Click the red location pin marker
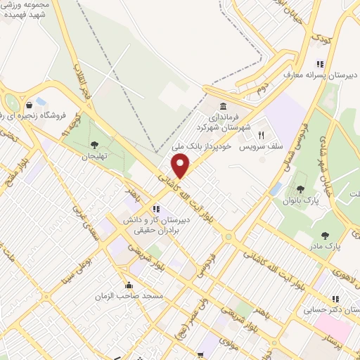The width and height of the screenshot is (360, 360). pos(181,166)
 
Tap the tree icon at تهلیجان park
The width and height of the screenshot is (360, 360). pos(94,145)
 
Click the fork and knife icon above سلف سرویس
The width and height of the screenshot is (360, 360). pos(260,135)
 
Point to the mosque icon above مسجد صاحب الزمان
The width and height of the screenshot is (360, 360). pos(129,285)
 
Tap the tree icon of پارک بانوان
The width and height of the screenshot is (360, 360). pos(301,188)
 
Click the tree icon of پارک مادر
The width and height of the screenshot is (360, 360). pos(324,236)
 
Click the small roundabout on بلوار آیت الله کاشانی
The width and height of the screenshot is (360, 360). pos(228,237)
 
